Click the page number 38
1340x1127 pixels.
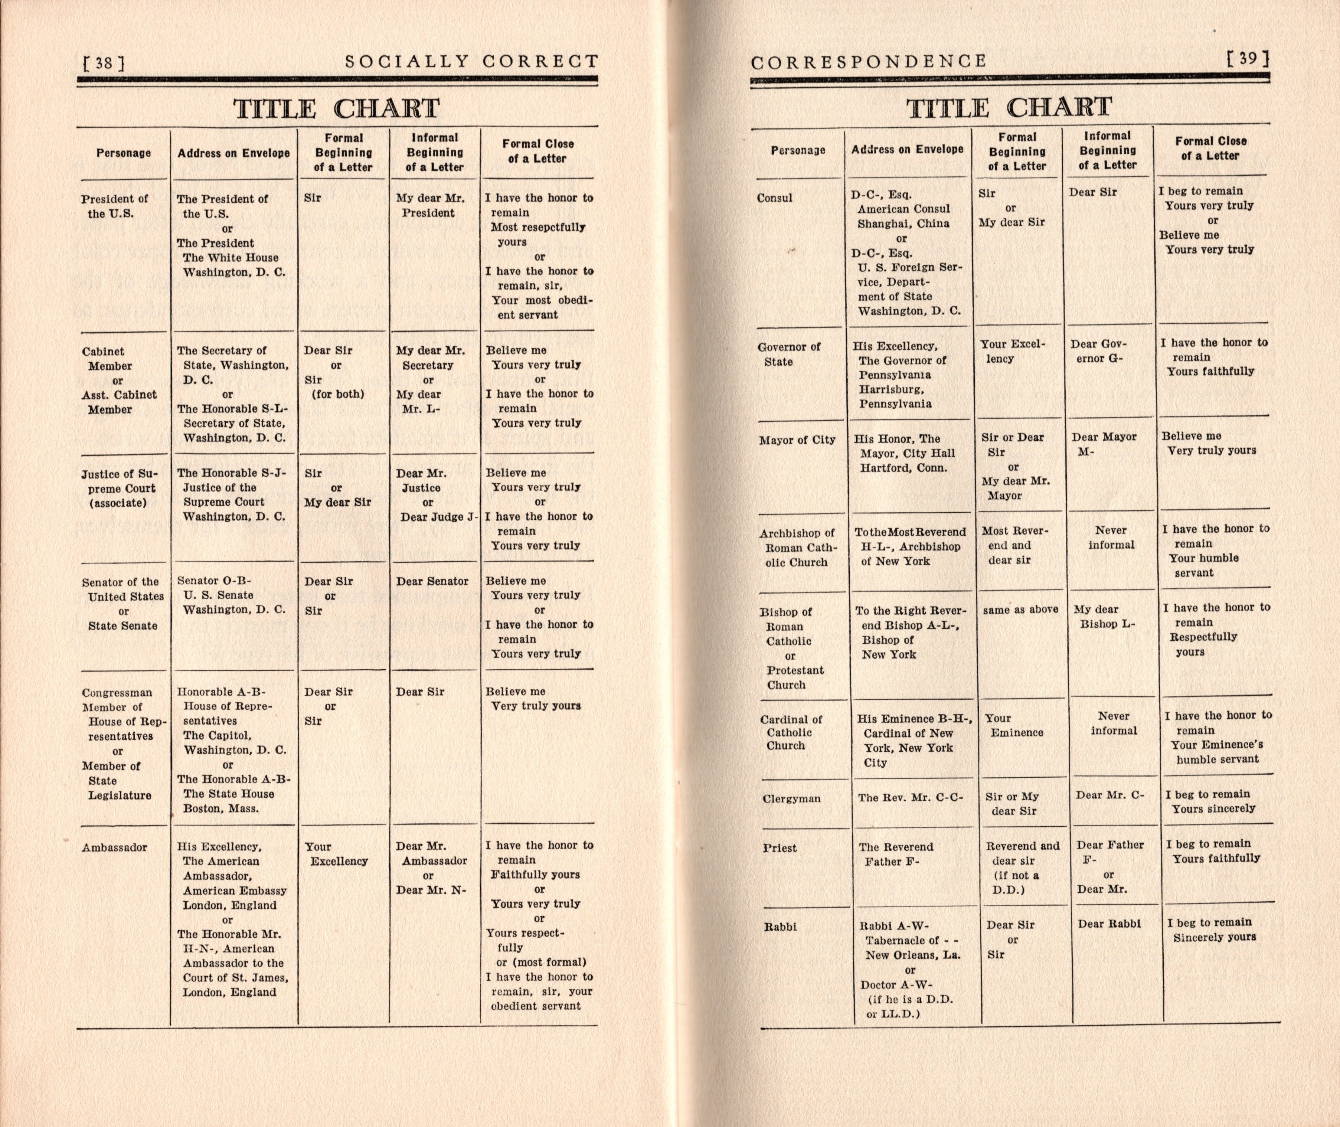coord(104,63)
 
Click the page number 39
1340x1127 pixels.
coord(1248,59)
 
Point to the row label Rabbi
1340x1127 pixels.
coord(780,927)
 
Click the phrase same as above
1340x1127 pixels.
coord(1020,610)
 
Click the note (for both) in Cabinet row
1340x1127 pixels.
coord(337,394)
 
